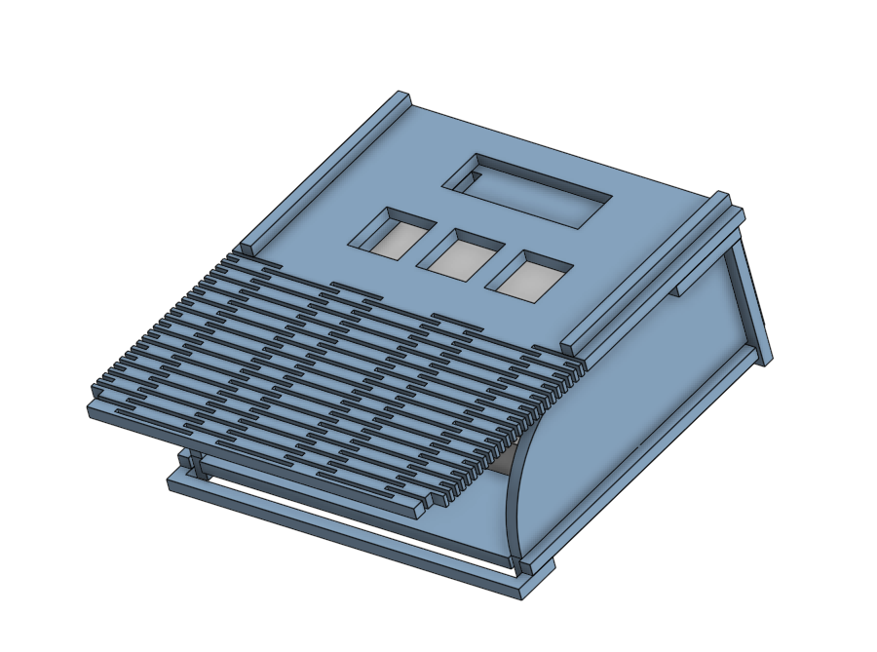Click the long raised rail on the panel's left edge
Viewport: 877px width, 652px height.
pos(326,171)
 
